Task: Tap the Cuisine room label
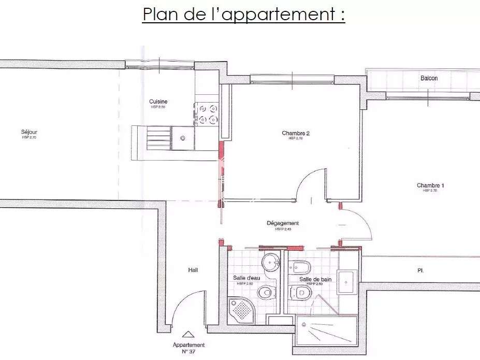[x=158, y=102]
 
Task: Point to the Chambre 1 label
[x=430, y=185]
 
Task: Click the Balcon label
[x=429, y=78]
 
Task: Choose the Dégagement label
[x=283, y=223]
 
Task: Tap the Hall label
[x=193, y=270]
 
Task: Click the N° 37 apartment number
[x=188, y=352]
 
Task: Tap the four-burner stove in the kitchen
[x=207, y=114]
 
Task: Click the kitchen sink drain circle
[x=182, y=138]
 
